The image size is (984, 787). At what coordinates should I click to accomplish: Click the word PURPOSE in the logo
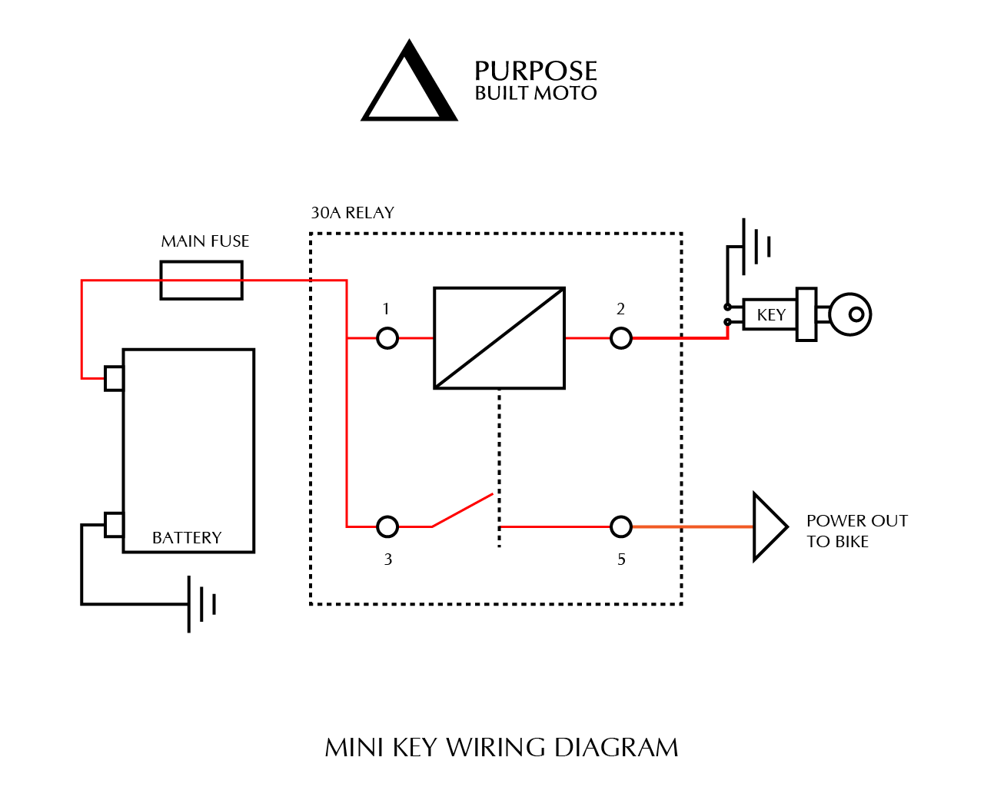(535, 71)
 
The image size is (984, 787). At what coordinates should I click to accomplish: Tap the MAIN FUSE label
(205, 241)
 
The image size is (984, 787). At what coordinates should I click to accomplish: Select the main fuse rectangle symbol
(201, 281)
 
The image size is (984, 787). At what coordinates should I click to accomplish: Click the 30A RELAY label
(352, 213)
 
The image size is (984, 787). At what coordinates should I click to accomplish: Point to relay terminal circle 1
(387, 338)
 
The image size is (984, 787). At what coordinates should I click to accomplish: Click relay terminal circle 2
(621, 338)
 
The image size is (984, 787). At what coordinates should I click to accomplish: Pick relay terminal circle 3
(387, 526)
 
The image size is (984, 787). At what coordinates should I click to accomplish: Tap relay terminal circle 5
(621, 526)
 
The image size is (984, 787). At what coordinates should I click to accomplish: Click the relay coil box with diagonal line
(500, 338)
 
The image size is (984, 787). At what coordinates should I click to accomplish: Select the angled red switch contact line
(462, 510)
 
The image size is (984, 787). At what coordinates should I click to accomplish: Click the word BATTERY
(187, 538)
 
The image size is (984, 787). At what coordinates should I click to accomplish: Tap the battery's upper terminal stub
(114, 378)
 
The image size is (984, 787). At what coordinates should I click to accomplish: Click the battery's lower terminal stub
(114, 524)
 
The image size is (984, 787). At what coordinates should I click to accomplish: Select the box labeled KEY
(770, 315)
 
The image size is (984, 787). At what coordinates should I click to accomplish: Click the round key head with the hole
(850, 314)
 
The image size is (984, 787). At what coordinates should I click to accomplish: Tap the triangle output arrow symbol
(768, 526)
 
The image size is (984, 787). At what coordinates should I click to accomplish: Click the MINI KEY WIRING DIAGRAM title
(501, 748)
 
